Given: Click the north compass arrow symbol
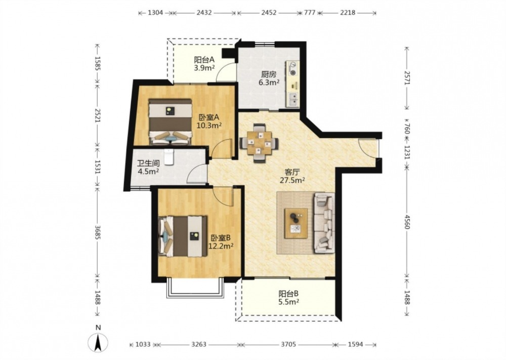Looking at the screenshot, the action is point(98,342).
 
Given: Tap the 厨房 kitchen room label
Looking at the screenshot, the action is point(269,74).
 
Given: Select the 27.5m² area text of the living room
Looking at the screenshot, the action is point(292,180).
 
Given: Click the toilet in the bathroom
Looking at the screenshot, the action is point(169,156).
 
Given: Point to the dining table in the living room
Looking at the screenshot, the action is point(259,143).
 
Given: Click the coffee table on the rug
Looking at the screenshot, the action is point(296,223).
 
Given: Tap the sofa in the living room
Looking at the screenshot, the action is point(324,223).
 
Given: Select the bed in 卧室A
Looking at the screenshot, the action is point(170,122).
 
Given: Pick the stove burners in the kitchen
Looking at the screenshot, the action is point(293,68).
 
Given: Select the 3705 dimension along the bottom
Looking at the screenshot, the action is point(288,344).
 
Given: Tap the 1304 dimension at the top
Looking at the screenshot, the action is point(155,13).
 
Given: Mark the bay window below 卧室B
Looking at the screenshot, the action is point(195,288).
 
